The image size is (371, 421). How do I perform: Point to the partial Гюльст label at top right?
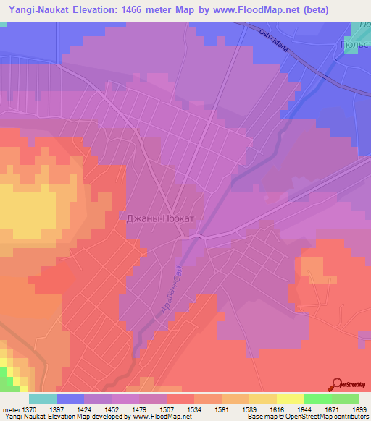[356, 43]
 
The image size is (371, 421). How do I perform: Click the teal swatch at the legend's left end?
[43, 399]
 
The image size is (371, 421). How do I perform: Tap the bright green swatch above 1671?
[317, 399]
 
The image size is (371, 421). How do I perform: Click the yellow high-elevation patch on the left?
[29, 210]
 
